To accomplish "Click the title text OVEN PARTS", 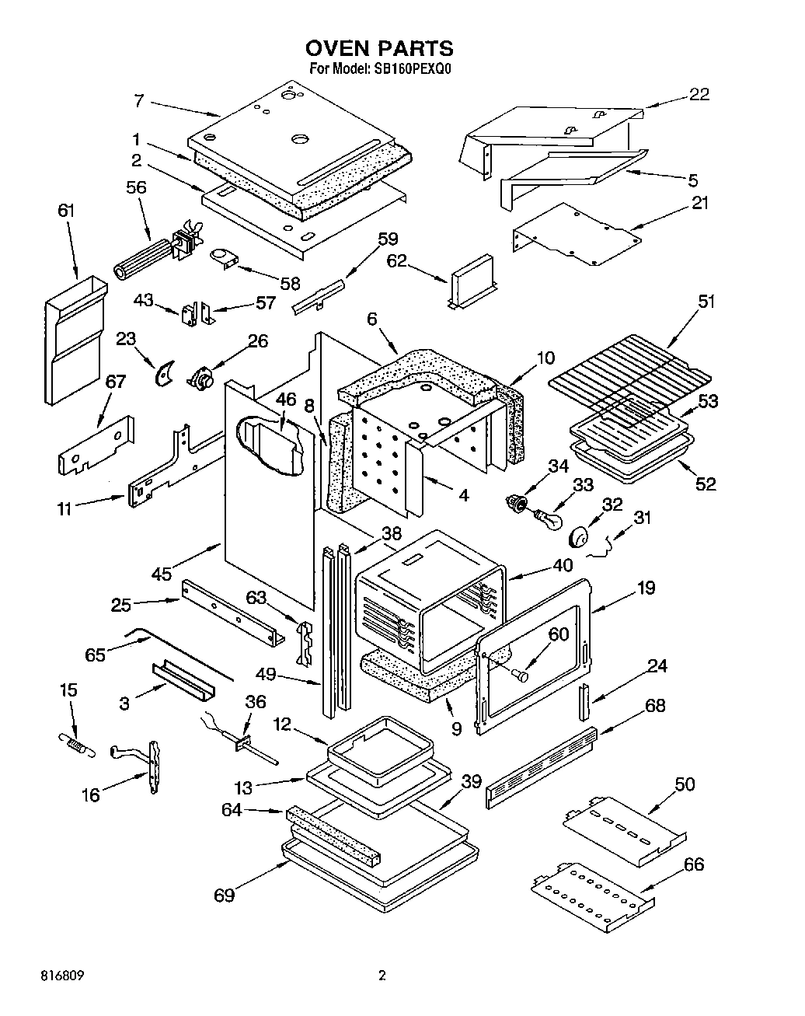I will (380, 49).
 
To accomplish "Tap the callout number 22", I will (699, 94).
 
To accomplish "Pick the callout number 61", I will (67, 210).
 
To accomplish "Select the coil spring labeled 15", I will (76, 743).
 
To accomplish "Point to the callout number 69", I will (225, 895).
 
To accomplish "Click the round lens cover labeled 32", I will (580, 537).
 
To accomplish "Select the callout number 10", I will (545, 358).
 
